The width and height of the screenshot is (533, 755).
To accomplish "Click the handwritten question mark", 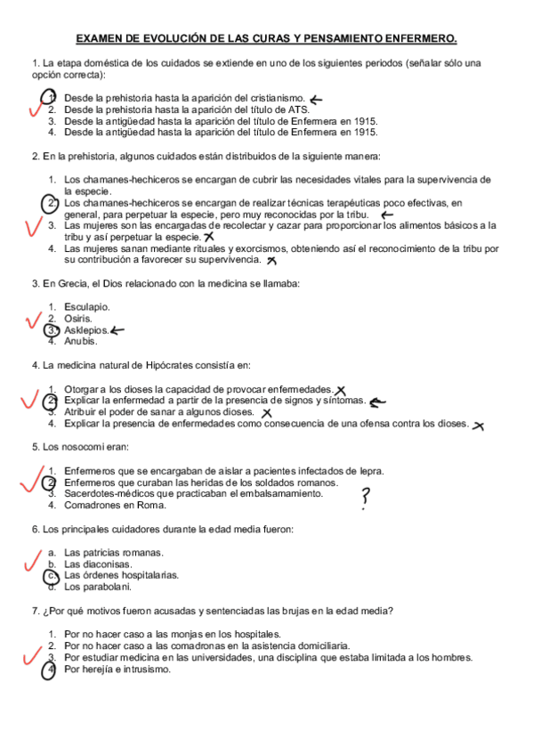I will pos(365,498).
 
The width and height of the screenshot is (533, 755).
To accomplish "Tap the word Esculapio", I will pos(87,307).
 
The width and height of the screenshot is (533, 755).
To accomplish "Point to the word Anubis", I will pos(81,341).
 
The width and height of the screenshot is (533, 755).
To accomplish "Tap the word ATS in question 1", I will pos(295,110).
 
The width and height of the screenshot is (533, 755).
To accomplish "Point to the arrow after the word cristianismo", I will pos(316,99).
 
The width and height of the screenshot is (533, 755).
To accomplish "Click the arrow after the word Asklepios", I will pos(116,330).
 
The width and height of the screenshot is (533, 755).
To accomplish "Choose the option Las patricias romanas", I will pos(113,553).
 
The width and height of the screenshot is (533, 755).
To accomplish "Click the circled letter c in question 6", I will pos(52,576).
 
